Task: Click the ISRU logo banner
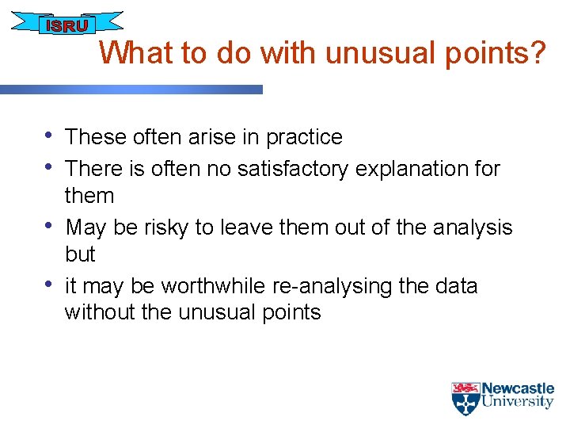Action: (66, 25)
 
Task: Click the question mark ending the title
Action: (538, 54)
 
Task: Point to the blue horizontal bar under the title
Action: (131, 90)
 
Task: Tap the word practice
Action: (304, 138)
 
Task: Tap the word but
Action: (80, 254)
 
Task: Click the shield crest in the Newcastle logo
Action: (465, 399)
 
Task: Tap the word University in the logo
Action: (518, 402)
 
